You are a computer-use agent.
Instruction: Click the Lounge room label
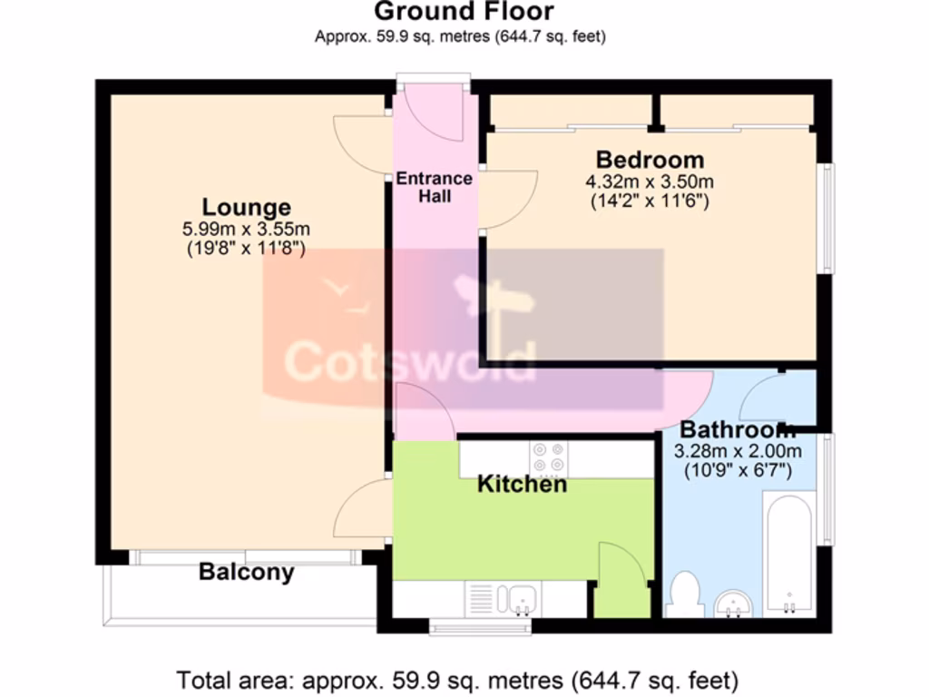246,207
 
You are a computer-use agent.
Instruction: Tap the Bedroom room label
650,161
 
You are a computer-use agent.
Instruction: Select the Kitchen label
522,484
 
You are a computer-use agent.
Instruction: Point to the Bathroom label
738,429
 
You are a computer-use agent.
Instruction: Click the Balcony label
246,573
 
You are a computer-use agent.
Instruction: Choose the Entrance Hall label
434,187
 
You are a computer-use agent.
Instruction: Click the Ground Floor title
464,12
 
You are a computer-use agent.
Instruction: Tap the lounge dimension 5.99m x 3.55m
246,229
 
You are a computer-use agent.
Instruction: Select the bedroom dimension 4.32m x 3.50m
650,182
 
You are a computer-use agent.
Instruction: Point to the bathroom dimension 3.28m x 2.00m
738,451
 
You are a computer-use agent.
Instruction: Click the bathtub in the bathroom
788,554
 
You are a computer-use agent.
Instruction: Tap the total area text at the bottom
458,679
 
